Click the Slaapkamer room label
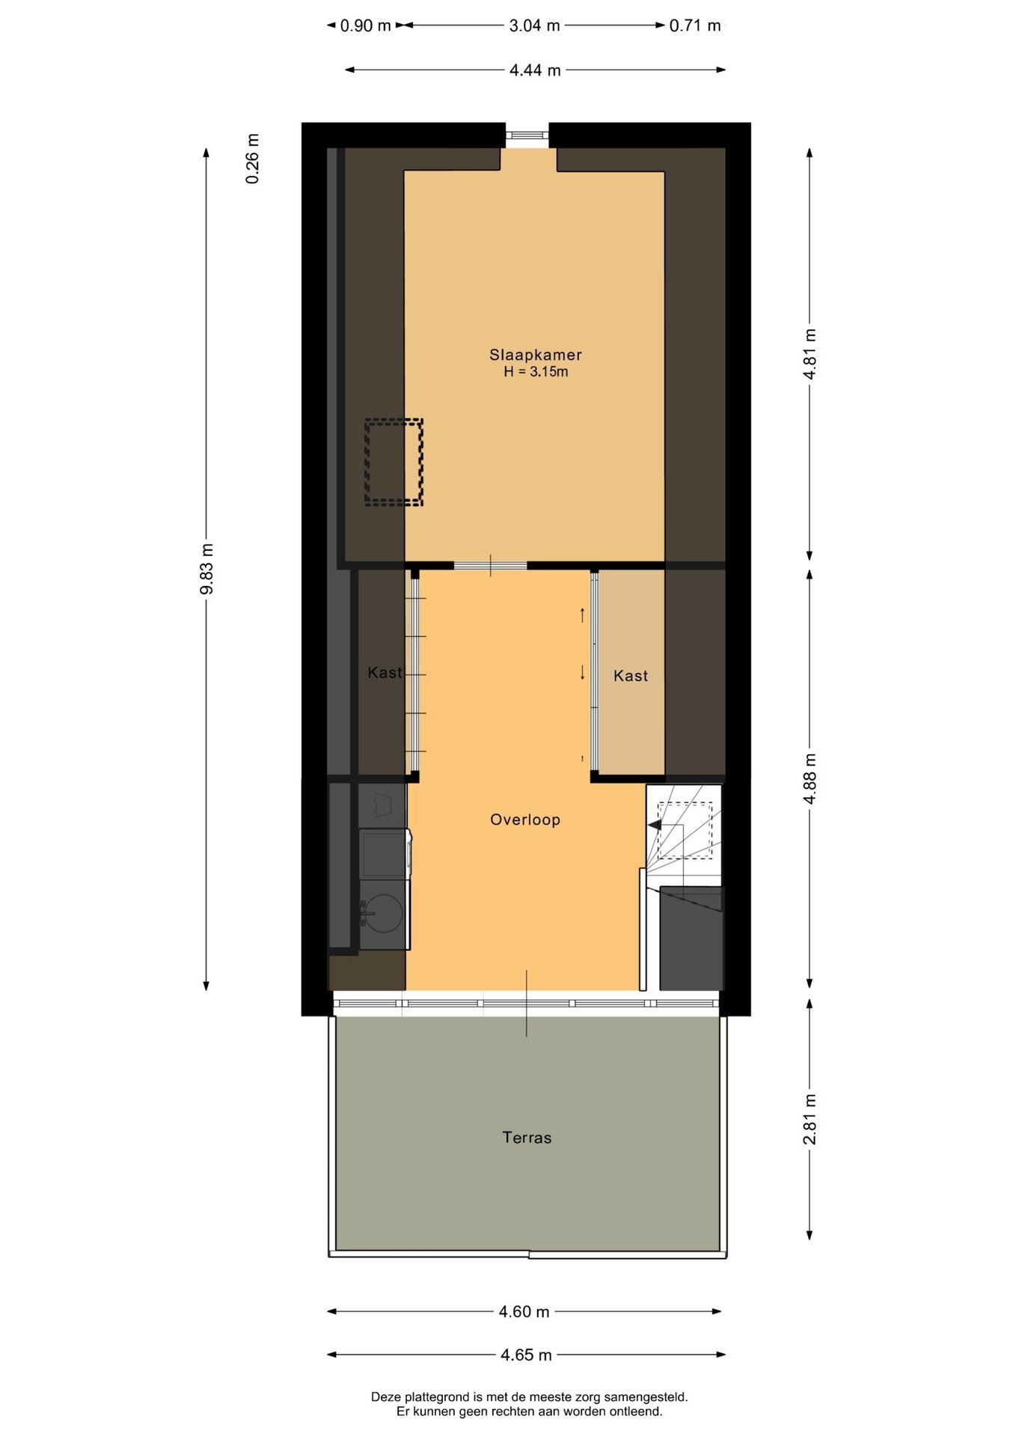pyautogui.click(x=536, y=355)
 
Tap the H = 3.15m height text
pyautogui.click(x=536, y=372)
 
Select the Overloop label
pyautogui.click(x=525, y=820)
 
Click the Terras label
pyautogui.click(x=527, y=1138)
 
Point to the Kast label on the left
pyautogui.click(x=385, y=673)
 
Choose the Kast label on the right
pyautogui.click(x=631, y=676)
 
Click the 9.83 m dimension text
pyautogui.click(x=207, y=570)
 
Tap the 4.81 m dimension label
pyautogui.click(x=810, y=354)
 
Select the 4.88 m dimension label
pyautogui.click(x=810, y=778)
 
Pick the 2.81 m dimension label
pyautogui.click(x=810, y=1120)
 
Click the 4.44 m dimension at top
pyautogui.click(x=535, y=70)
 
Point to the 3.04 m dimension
pyautogui.click(x=535, y=25)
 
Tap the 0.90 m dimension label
pyautogui.click(x=366, y=25)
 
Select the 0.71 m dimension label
pyautogui.click(x=695, y=25)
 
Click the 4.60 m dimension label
pyautogui.click(x=524, y=1311)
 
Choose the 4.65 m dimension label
pyautogui.click(x=526, y=1355)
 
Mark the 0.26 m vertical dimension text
pyautogui.click(x=253, y=159)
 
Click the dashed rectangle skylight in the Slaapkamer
pyautogui.click(x=394, y=419)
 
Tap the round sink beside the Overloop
pyautogui.click(x=384, y=913)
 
